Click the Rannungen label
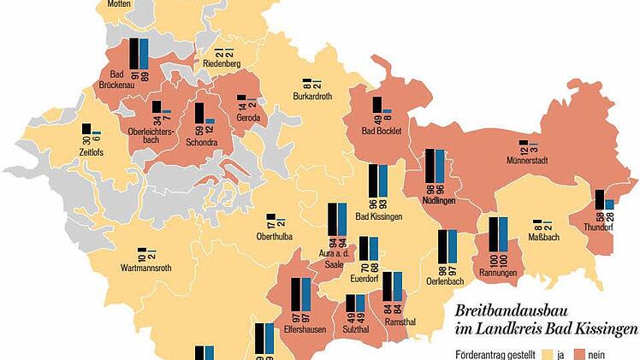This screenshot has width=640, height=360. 497,273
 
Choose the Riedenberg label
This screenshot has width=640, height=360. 222,64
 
